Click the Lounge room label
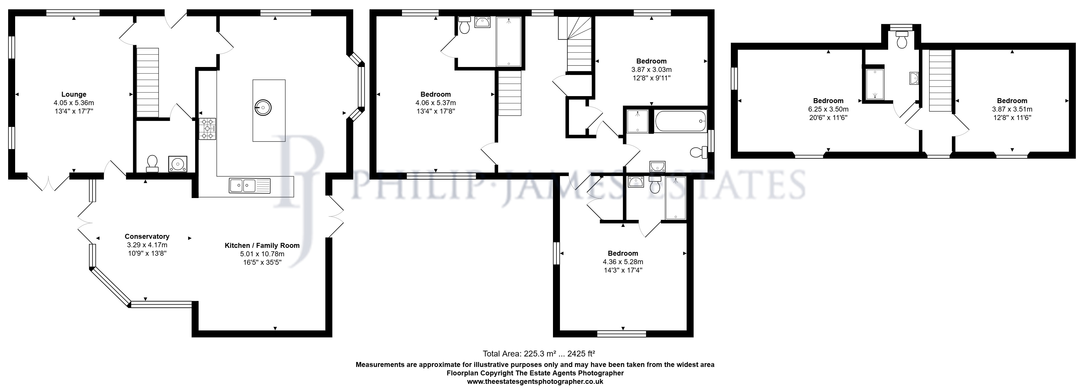(74, 94)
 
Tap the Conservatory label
(147, 236)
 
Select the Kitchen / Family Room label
(262, 245)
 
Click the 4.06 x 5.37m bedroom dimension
(435, 103)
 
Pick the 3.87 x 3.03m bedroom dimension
(651, 70)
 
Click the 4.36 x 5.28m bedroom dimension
(623, 262)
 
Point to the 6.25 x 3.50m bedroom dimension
(828, 109)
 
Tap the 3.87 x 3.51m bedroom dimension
(1012, 109)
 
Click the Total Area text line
(539, 354)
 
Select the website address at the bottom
(535, 382)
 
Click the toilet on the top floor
(902, 40)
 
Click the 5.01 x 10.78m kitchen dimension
(262, 254)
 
